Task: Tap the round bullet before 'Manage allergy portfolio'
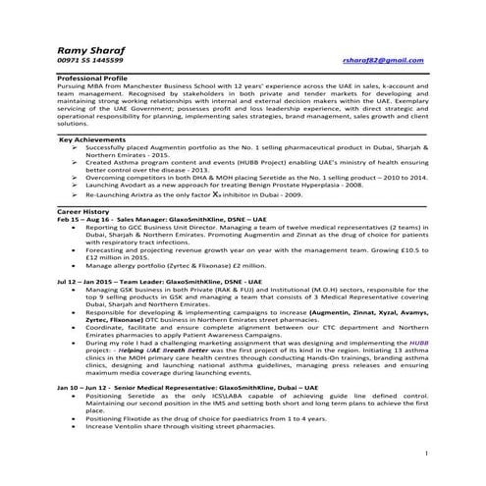click(x=77, y=265)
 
